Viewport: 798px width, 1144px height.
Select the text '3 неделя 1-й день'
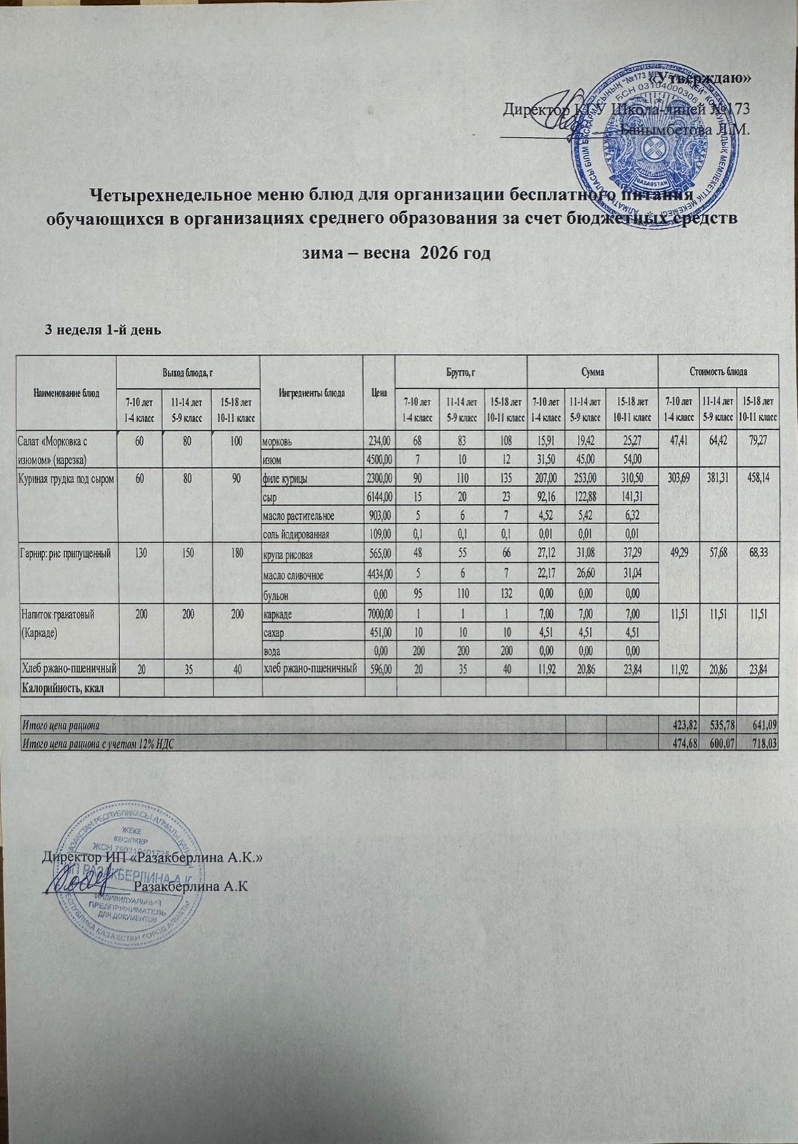103,330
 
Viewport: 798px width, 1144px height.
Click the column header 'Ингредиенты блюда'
312,393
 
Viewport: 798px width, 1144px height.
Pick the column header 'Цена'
380,393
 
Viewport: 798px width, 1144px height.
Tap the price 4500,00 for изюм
380,458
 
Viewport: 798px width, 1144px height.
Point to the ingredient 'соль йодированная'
296,533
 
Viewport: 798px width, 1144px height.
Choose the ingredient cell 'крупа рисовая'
289,555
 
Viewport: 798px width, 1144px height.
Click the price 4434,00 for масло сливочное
380,575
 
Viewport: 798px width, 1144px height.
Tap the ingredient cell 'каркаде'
278,614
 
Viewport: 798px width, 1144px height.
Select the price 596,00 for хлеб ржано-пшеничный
380,669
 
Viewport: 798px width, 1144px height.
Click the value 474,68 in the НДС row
678,744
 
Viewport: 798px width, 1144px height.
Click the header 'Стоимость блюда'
718,372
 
